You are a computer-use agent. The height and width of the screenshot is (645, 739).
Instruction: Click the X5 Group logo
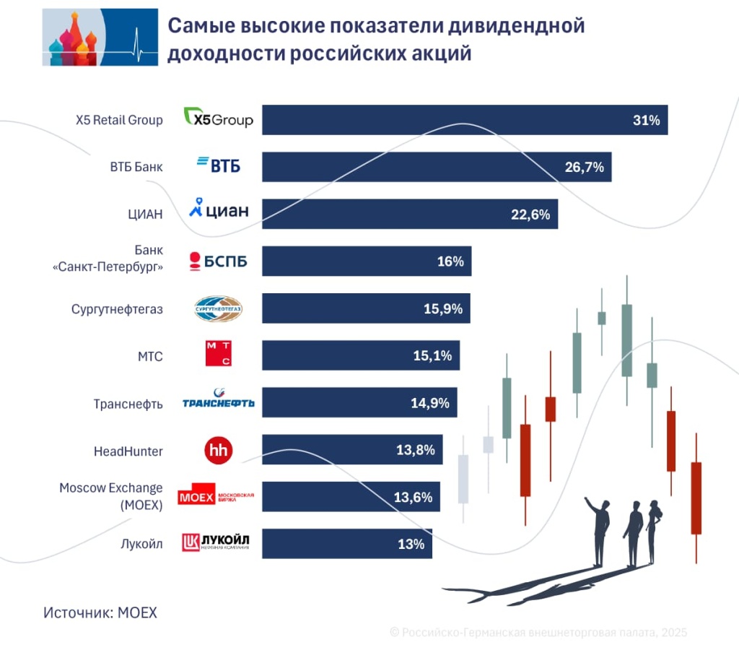(x=219, y=118)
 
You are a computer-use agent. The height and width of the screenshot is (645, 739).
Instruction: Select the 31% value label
(x=646, y=121)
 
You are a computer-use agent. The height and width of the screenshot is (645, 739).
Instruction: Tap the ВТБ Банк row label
(x=136, y=167)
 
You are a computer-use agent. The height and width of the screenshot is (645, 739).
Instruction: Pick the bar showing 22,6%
(x=409, y=215)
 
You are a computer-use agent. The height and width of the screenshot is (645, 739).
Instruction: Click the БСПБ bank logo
(x=218, y=261)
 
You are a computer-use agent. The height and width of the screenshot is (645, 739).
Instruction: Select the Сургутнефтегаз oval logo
(x=218, y=308)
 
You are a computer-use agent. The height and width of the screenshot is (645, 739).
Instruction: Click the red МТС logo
(x=219, y=355)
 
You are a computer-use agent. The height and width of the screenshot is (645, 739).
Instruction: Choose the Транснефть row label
(x=128, y=404)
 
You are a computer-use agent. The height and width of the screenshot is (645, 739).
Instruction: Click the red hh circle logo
(x=218, y=451)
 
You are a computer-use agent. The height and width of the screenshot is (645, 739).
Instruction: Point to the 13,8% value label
(x=415, y=450)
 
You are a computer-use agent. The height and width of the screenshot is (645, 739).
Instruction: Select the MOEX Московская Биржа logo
(x=216, y=496)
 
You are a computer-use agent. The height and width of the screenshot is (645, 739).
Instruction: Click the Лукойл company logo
(x=216, y=542)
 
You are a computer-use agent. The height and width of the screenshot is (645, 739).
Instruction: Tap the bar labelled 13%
(x=346, y=543)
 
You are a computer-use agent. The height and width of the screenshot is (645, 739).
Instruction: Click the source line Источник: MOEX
(x=100, y=612)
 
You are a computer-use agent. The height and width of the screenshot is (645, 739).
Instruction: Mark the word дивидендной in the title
(x=512, y=26)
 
